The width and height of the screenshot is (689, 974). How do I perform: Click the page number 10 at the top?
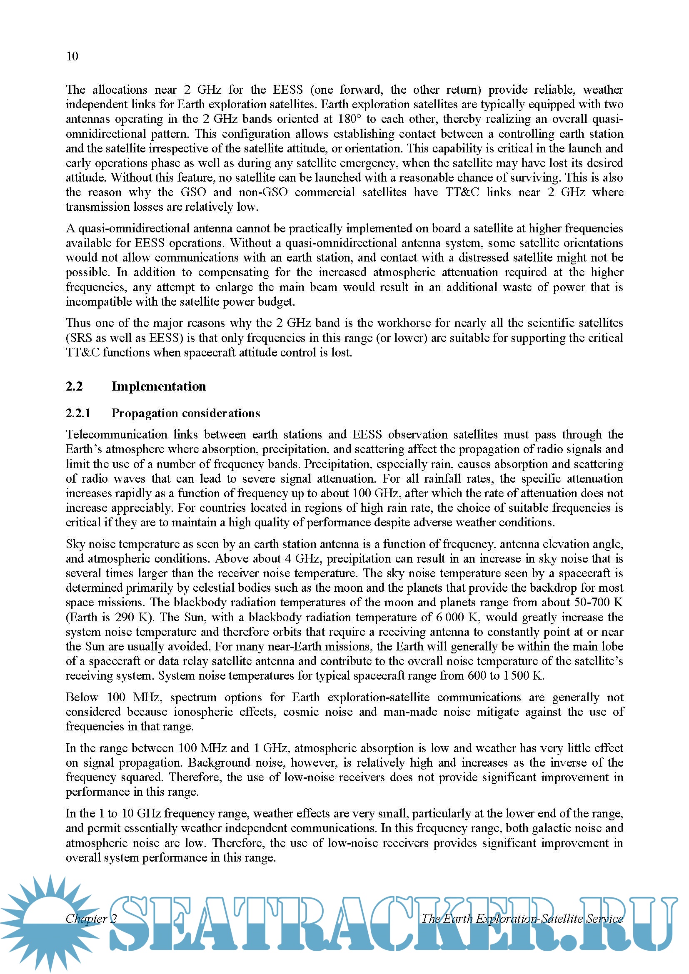72,56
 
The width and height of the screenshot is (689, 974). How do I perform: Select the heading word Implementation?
159,386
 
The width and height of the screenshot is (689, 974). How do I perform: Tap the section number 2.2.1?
78,413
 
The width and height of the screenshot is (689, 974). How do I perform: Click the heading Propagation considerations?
186,413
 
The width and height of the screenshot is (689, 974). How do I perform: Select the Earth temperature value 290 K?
133,617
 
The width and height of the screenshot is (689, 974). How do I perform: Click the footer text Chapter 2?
91,919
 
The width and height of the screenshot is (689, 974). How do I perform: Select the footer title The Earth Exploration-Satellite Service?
522,919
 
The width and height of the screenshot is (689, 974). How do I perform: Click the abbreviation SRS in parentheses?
80,338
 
